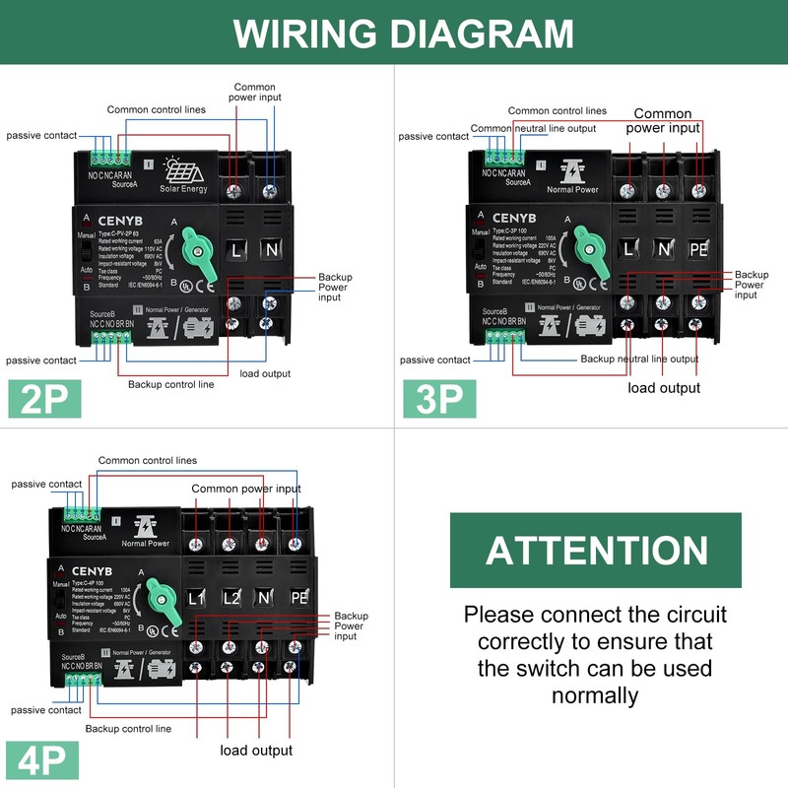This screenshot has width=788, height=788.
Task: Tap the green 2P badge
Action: pos(44,398)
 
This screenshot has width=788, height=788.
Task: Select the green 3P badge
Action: pos(439,398)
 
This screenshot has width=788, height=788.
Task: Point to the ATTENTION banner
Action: pos(595,550)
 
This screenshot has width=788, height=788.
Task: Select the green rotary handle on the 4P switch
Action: pos(157,600)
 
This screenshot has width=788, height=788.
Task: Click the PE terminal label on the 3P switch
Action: pos(698,250)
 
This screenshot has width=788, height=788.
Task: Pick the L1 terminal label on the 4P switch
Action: pos(197,598)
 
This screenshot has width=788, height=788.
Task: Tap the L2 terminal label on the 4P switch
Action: pos(230,598)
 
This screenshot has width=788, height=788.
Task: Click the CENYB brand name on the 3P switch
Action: pos(513,218)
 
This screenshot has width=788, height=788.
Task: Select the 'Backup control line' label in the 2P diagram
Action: pos(170,384)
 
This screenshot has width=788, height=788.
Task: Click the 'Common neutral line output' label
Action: pos(533,128)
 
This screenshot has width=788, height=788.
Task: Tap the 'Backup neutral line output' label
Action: pos(639,359)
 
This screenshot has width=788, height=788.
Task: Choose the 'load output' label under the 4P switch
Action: pos(256,750)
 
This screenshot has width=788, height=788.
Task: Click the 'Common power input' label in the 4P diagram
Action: pos(246,489)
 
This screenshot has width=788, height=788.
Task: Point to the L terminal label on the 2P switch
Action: pos(235,251)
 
